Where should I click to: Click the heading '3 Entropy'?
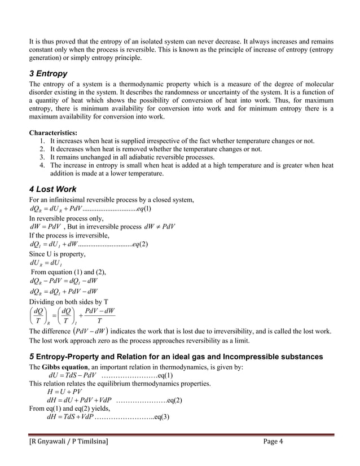(48, 74)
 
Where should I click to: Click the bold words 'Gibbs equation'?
(65, 367)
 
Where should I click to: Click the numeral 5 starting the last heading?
(32, 357)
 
